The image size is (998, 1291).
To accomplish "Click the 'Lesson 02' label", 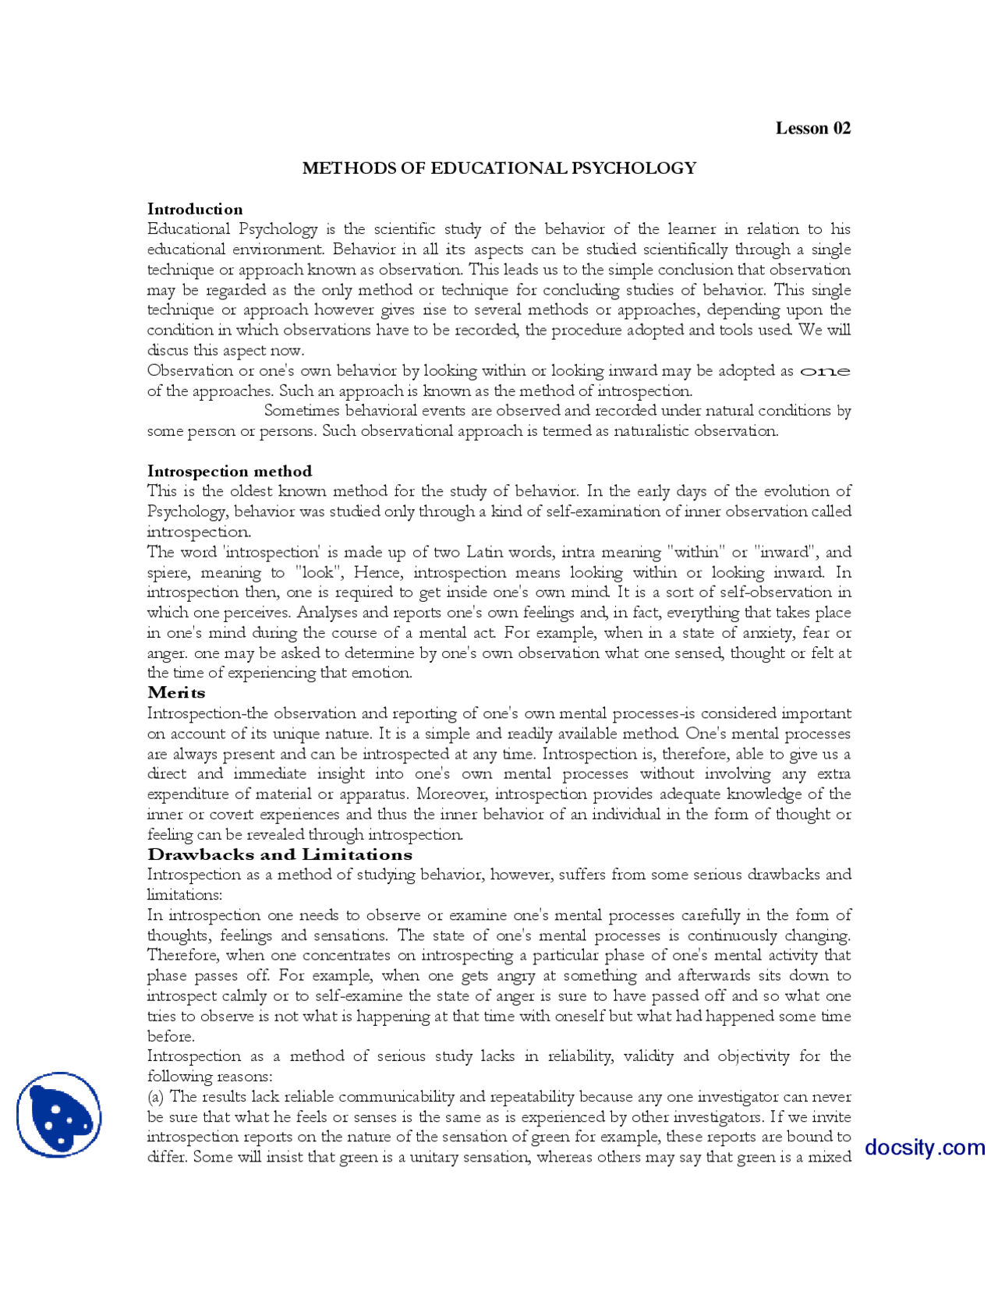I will tap(812, 129).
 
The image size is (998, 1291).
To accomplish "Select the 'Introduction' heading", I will tap(195, 209).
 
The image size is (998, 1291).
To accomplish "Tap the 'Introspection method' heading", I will tap(229, 471).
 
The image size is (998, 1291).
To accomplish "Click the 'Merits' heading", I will tap(176, 692).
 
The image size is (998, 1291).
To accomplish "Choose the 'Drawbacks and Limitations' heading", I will tap(279, 854).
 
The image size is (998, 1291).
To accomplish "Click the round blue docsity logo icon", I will tap(59, 1114).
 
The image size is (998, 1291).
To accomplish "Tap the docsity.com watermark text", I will tap(925, 1148).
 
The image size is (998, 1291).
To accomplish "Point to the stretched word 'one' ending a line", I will tap(825, 371).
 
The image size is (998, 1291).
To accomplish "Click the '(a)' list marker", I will tap(156, 1097).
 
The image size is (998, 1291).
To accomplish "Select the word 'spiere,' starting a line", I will tap(168, 573).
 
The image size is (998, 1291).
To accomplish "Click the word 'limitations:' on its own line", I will tap(184, 895).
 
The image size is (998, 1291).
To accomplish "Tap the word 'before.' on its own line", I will tap(171, 1037).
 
